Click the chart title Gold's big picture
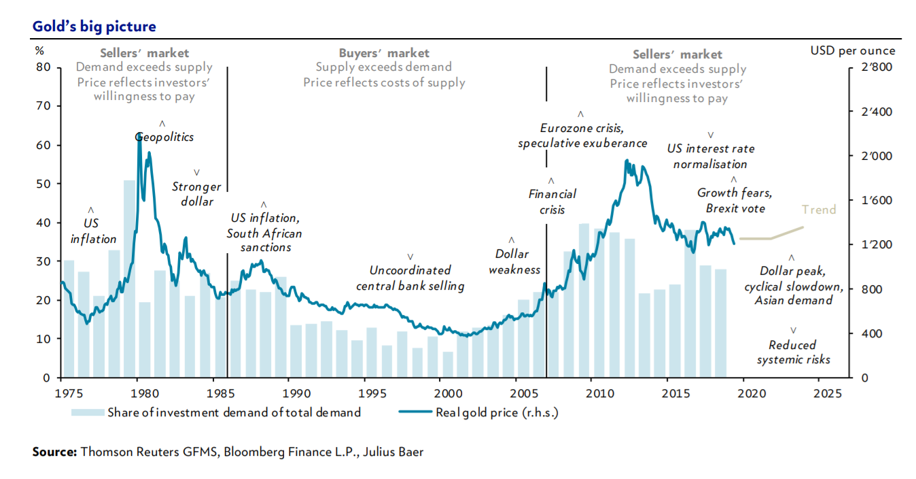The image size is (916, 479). [94, 27]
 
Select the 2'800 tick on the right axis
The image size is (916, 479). [875, 67]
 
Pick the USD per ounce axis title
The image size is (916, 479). [853, 51]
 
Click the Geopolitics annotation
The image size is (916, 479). [164, 137]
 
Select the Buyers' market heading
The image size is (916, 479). [384, 52]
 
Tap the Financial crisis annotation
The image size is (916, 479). [552, 202]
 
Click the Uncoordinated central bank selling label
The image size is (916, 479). [410, 278]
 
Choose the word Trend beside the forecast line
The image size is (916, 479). [818, 210]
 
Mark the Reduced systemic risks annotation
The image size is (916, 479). [793, 352]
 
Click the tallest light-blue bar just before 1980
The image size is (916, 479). [128, 279]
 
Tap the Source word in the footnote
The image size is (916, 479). [55, 452]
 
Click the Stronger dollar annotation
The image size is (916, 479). [196, 194]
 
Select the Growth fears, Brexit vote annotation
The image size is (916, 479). [735, 201]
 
